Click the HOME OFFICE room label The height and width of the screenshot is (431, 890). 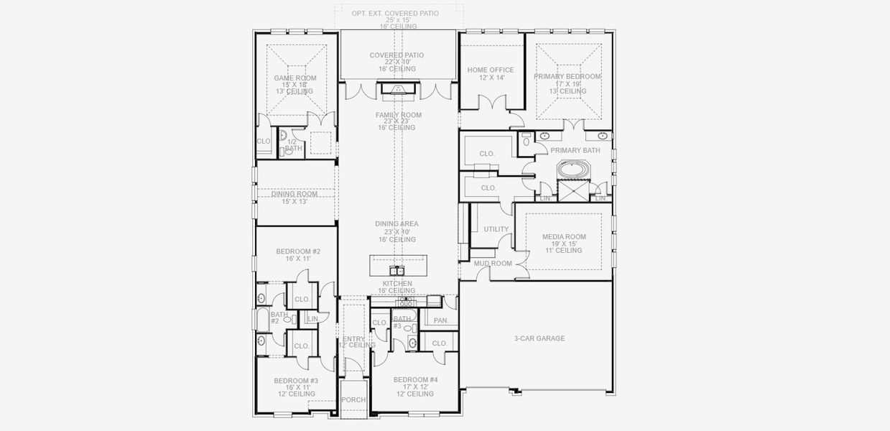point(490,70)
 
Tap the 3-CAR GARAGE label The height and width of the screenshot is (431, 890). point(539,338)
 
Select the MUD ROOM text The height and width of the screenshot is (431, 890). point(493,264)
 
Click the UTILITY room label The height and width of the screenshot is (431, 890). point(496,229)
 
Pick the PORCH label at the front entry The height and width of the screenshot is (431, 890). point(353,400)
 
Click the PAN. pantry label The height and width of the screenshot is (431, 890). point(440,320)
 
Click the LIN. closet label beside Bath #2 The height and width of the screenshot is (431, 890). point(312,318)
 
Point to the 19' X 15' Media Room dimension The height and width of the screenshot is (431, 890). point(564,244)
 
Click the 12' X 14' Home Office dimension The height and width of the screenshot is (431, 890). point(490,78)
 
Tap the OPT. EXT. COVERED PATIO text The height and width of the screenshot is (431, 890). point(395,14)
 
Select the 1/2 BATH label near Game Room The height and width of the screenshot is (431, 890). point(291,145)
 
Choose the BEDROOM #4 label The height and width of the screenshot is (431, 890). point(414,379)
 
